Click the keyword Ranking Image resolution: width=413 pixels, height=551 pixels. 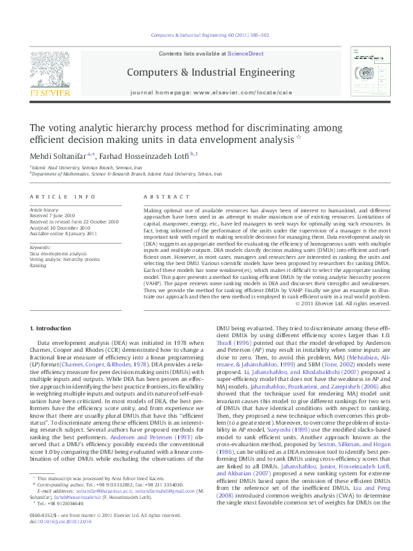tap(37, 265)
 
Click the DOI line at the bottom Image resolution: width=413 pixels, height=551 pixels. tap(60, 540)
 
